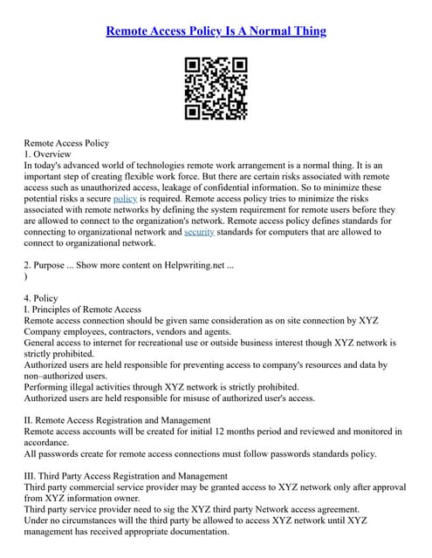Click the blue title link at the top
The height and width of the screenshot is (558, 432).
click(216, 31)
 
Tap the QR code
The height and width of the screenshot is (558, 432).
click(216, 88)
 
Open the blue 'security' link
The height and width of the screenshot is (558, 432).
click(199, 232)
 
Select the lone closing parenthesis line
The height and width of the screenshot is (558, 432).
click(26, 276)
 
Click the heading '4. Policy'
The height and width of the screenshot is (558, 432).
click(41, 298)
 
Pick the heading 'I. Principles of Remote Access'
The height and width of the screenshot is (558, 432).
click(82, 310)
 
